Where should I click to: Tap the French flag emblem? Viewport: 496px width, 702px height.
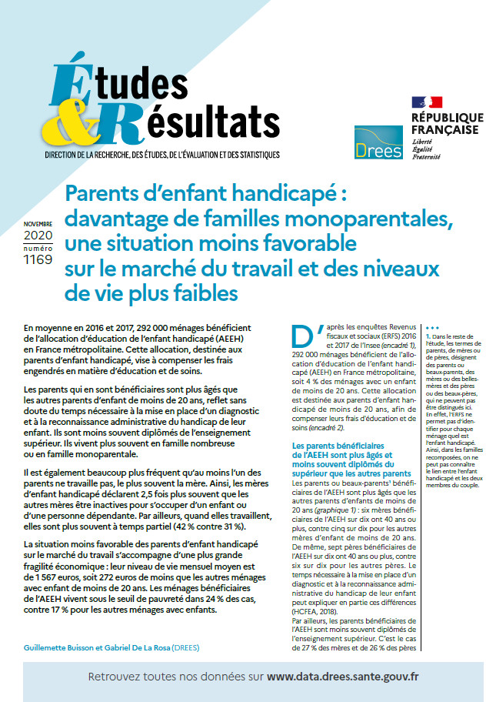pyautogui.click(x=427, y=102)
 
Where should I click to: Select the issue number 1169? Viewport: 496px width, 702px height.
pyautogui.click(x=38, y=259)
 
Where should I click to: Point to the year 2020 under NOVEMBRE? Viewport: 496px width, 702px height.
pyautogui.click(x=38, y=235)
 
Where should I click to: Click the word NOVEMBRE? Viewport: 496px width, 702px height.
pyautogui.click(x=38, y=224)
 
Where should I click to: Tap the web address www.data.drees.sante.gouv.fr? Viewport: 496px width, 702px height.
pyautogui.click(x=343, y=677)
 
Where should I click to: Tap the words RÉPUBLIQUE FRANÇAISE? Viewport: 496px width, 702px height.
pyautogui.click(x=447, y=123)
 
